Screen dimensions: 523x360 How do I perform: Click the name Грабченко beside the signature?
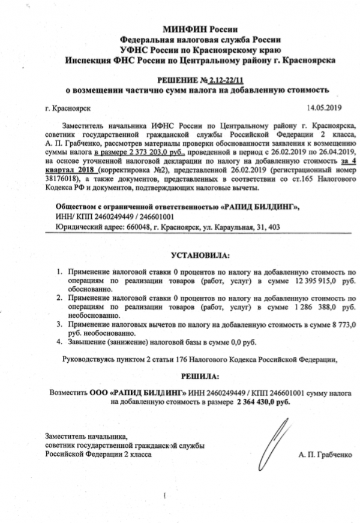click(332, 455)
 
